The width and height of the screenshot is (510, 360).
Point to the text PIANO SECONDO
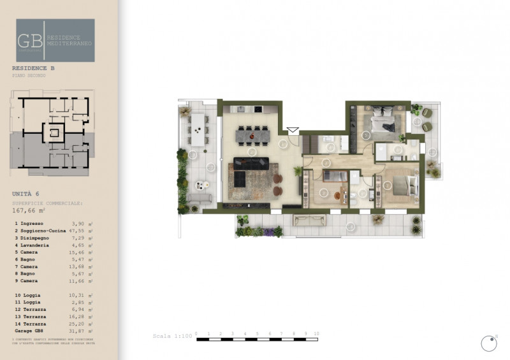click(x=29, y=75)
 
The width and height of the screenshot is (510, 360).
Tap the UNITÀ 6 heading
click(x=26, y=192)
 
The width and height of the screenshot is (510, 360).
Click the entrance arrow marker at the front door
click(x=293, y=131)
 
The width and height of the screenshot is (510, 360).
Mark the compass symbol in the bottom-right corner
click(x=489, y=343)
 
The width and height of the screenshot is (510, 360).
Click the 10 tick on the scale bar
click(x=316, y=334)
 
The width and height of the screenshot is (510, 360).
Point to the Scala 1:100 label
click(x=171, y=336)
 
